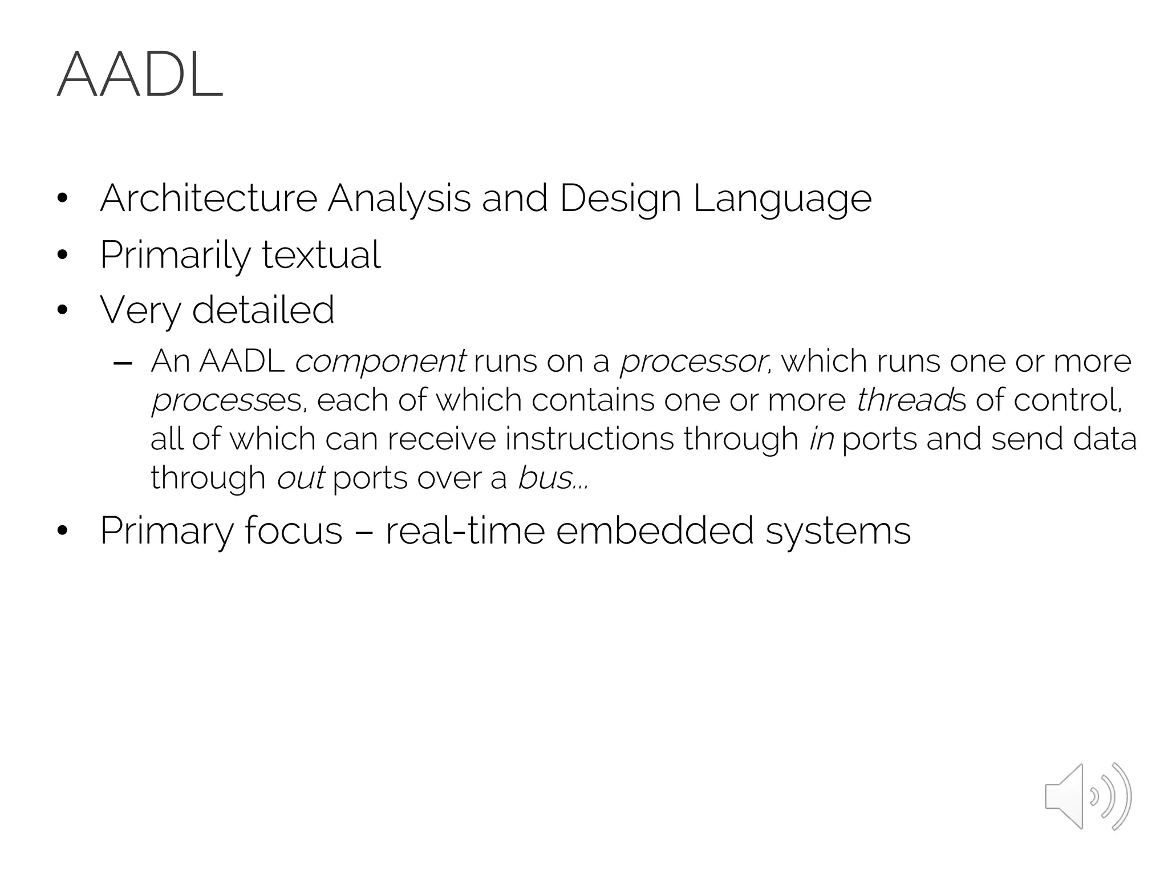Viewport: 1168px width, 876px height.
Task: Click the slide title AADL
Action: point(140,75)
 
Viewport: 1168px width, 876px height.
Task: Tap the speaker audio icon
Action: point(1088,796)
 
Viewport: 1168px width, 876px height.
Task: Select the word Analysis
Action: point(399,199)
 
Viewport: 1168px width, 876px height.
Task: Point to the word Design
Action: point(620,199)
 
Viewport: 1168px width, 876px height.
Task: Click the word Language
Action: point(782,199)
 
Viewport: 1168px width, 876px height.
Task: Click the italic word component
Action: point(380,362)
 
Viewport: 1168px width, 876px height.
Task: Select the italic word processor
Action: point(693,362)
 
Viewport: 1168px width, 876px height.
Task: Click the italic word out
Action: point(301,477)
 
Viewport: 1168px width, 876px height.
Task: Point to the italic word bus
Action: point(545,477)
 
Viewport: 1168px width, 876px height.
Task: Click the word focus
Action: point(293,530)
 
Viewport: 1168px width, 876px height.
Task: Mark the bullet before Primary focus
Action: point(63,531)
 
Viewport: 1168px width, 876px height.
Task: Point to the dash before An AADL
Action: point(123,363)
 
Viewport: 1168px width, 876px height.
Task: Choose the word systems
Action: point(838,532)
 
